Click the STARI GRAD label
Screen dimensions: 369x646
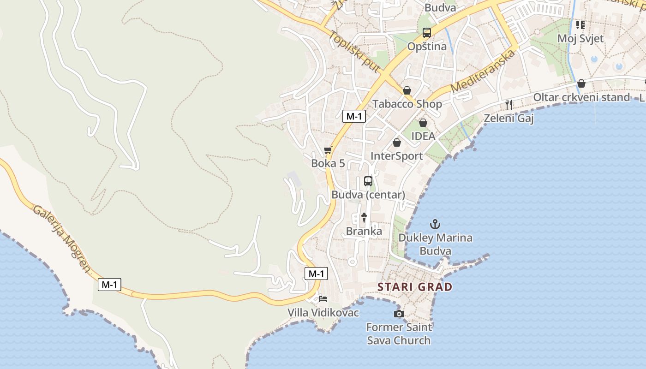click(415, 287)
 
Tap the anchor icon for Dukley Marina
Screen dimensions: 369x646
click(435, 225)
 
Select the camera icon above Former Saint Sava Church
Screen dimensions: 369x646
click(399, 314)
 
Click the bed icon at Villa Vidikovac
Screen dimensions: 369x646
click(323, 299)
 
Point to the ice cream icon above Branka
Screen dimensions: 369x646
click(364, 217)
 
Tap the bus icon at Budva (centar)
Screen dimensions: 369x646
click(368, 181)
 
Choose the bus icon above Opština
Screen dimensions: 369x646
click(427, 33)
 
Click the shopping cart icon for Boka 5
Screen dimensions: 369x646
click(328, 150)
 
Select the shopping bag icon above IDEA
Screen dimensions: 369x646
click(423, 123)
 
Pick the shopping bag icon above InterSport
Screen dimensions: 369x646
click(396, 143)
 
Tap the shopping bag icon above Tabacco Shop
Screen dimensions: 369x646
click(407, 90)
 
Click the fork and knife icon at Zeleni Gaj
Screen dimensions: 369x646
click(509, 105)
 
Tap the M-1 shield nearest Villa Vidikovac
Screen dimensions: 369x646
click(316, 274)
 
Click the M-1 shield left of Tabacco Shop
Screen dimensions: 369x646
click(354, 116)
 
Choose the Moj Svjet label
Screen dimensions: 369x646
click(580, 38)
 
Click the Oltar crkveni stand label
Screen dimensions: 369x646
click(581, 97)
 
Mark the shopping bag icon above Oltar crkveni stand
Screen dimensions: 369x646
click(581, 83)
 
